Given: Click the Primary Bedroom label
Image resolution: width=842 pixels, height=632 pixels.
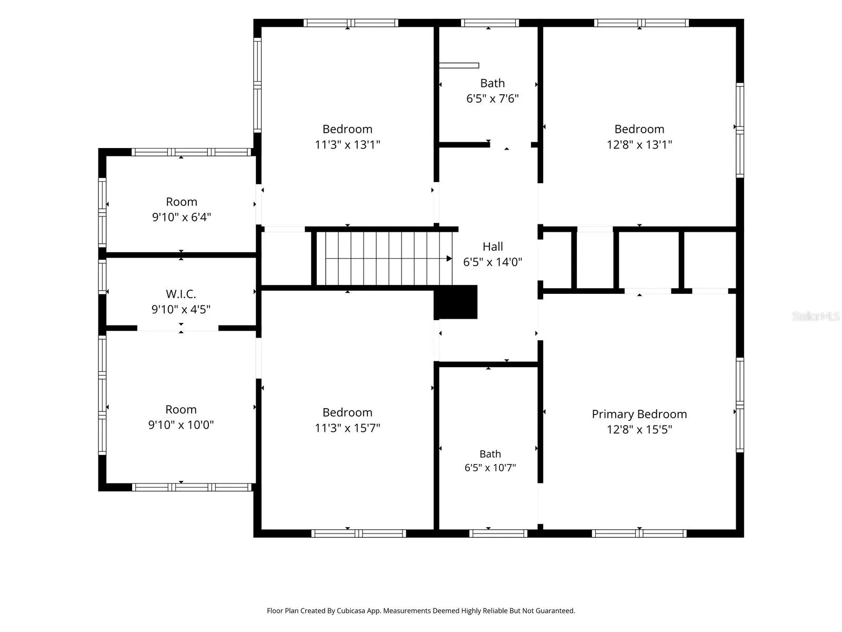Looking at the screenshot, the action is point(639,414).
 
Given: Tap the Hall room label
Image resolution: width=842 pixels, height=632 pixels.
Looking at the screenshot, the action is point(493,246).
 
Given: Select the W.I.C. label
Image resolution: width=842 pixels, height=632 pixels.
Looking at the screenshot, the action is point(181,294).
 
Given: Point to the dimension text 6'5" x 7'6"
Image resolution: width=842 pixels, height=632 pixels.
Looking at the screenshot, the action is point(492,98).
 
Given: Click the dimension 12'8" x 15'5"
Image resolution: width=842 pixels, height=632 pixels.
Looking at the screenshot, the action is point(639,429).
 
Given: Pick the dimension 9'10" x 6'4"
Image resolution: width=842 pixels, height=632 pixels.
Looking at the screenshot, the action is point(182,217).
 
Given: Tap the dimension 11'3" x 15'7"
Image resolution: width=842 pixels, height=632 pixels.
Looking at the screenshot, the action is point(347,428).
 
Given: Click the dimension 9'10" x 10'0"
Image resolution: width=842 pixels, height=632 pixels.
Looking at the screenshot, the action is point(181,425).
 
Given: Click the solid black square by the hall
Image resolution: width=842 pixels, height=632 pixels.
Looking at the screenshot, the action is point(455,302).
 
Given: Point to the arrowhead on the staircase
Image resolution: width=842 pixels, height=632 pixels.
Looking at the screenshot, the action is point(449,259).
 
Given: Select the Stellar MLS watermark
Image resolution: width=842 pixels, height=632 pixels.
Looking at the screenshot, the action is point(816,316).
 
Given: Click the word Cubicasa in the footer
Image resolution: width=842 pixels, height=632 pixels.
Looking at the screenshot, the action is point(350,611).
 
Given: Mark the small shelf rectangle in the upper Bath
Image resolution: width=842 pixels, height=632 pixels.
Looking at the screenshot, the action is point(459,66).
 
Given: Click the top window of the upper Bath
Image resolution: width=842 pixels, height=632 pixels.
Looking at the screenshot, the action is point(490,23).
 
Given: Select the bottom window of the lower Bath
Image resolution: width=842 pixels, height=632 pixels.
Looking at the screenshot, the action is point(498,534).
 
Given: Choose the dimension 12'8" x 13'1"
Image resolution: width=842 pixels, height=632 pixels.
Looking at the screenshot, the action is point(639,145).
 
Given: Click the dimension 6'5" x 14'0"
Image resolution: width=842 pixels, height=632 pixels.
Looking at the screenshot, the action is point(493,262).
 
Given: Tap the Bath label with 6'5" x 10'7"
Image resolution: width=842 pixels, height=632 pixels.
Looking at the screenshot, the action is point(490,454).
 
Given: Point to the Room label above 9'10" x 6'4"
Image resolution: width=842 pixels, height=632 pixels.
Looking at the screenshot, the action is point(182,202).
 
